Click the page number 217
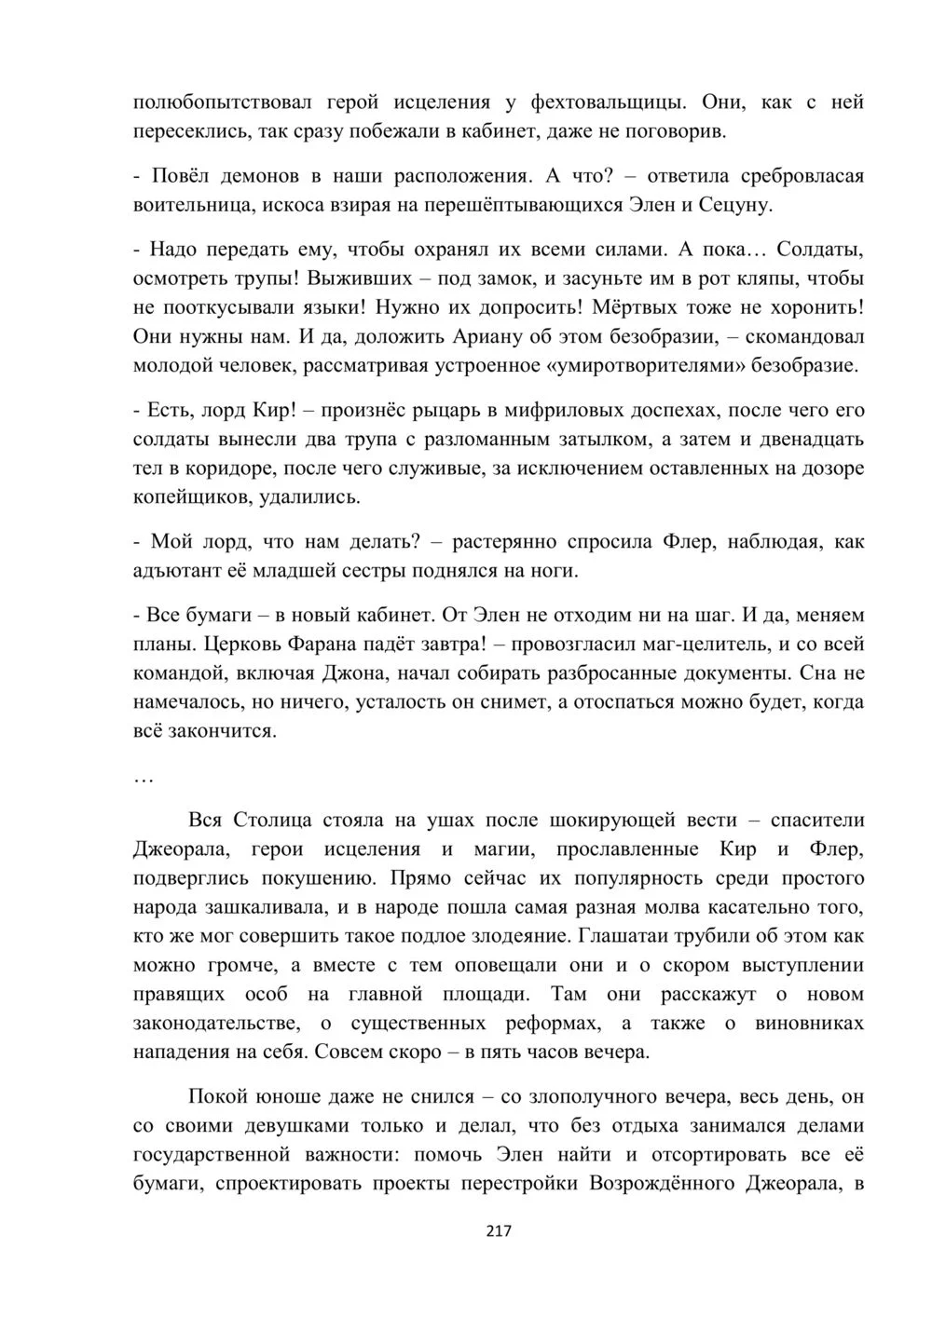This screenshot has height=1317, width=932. [500, 1231]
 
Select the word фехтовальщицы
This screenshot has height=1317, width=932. [608, 102]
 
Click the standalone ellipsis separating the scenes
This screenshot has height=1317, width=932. [144, 775]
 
